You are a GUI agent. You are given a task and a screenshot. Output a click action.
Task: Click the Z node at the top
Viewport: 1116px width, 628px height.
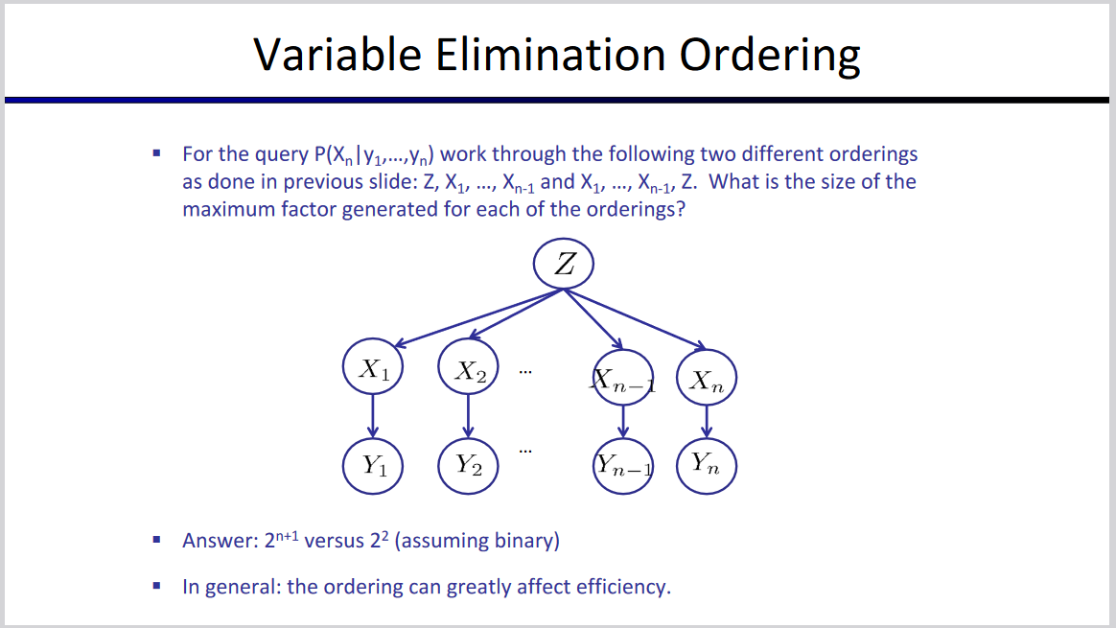click(x=564, y=264)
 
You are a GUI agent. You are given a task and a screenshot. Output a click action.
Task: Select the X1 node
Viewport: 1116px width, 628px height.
click(x=373, y=369)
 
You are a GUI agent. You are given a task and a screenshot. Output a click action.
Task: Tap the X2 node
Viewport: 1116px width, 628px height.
click(x=467, y=369)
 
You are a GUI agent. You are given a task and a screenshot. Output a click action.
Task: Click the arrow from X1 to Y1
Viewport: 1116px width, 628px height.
click(x=373, y=417)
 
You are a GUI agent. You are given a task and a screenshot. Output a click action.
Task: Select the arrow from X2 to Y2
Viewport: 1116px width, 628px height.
click(x=467, y=417)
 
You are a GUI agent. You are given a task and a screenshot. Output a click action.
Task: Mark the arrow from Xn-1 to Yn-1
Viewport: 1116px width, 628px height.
click(x=622, y=423)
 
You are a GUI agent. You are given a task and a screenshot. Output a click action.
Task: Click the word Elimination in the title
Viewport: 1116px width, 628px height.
click(x=549, y=56)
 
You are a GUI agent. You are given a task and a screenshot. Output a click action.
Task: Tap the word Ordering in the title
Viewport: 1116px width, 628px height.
click(x=770, y=56)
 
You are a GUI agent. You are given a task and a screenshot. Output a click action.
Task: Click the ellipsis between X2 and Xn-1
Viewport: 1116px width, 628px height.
click(x=525, y=370)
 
